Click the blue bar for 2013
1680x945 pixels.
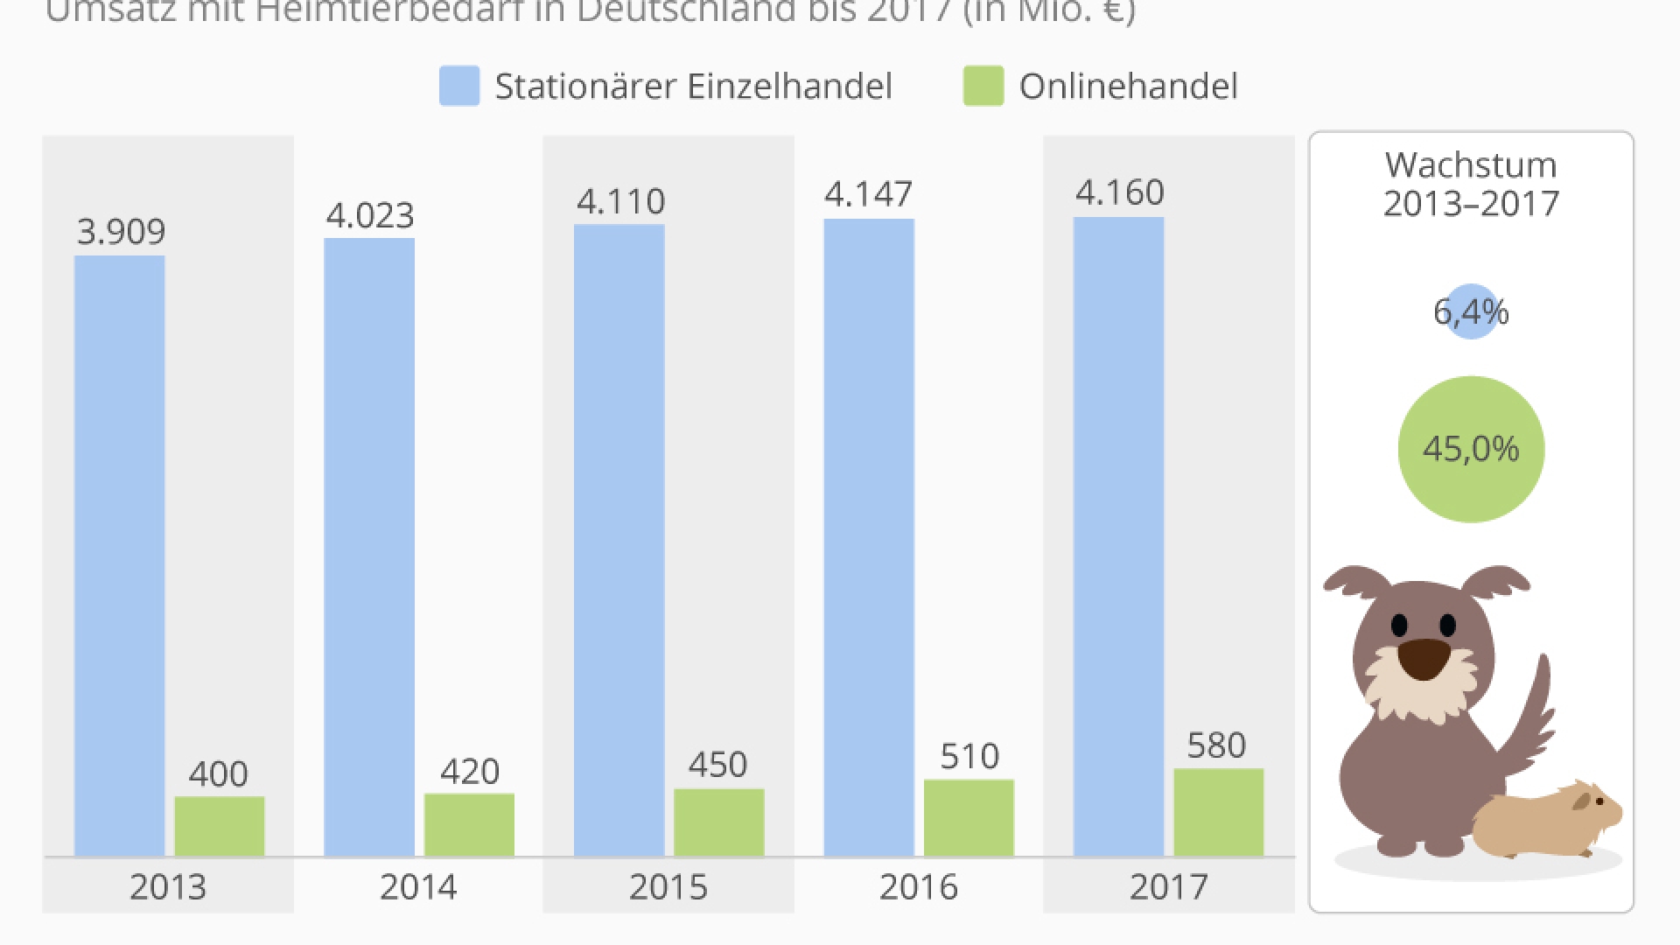click(x=119, y=555)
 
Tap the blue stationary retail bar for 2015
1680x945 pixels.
click(x=619, y=539)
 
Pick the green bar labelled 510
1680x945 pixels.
click(x=969, y=817)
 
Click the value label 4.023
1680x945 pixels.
click(x=369, y=215)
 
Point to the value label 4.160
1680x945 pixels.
click(x=1119, y=192)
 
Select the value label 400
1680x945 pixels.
click(x=218, y=773)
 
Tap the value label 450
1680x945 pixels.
click(x=717, y=765)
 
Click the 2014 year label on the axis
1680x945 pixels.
click(x=418, y=887)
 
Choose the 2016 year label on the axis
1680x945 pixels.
click(x=918, y=887)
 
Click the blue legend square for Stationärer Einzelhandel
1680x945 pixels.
click(x=459, y=86)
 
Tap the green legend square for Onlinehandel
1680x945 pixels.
click(x=983, y=86)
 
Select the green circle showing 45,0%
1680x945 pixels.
click(x=1471, y=449)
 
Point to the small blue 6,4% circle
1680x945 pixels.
click(x=1471, y=311)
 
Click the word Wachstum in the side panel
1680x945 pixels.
click(x=1471, y=165)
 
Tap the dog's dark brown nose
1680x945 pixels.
click(x=1424, y=659)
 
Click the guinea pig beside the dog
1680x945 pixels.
click(x=1547, y=821)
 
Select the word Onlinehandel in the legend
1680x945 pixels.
click(x=1128, y=86)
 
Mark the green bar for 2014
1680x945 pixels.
click(x=469, y=824)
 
